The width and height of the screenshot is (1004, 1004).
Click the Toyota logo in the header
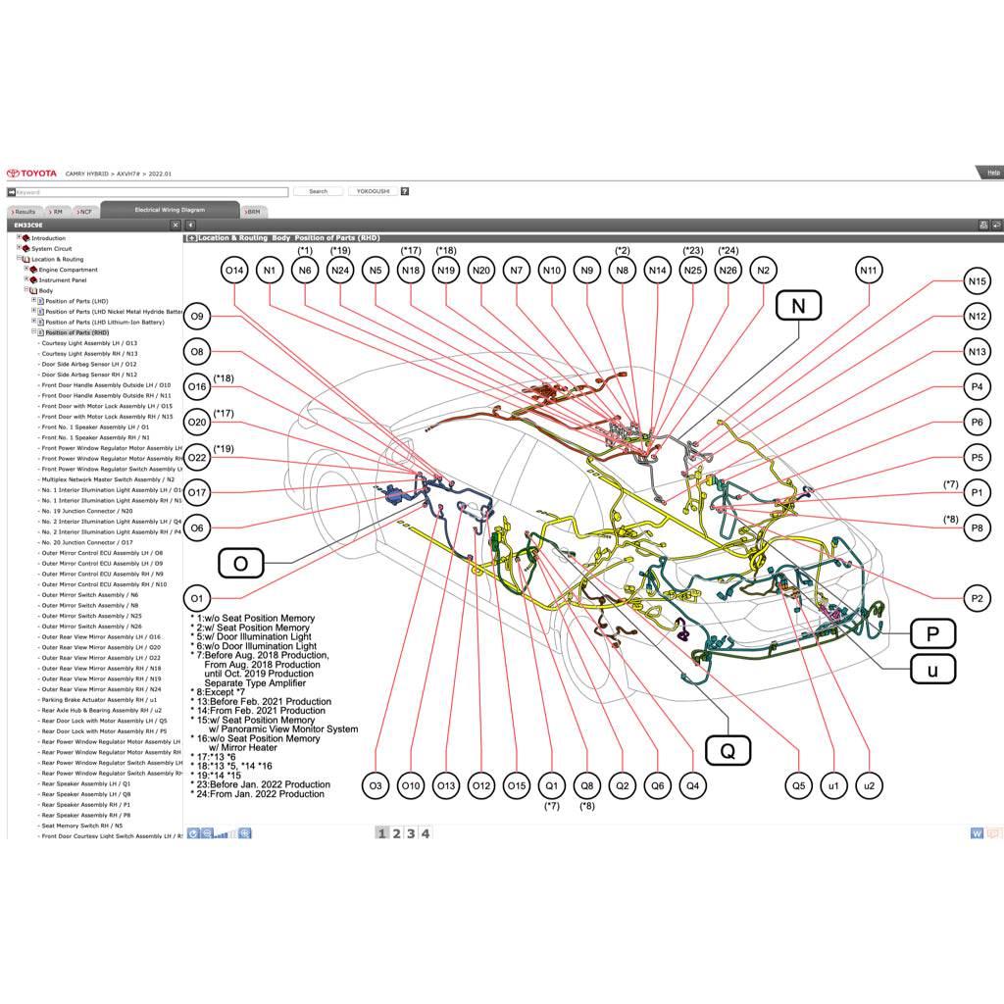pos(32,173)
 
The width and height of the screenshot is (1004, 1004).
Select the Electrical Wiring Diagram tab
pos(170,210)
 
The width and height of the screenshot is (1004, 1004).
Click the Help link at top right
pos(992,173)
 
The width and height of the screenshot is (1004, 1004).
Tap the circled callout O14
pos(234,270)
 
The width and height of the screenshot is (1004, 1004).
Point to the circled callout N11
pos(869,270)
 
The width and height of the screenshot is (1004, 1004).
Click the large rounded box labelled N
pos(797,306)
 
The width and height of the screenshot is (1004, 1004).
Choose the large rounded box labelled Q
pos(728,752)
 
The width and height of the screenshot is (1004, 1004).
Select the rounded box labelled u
pos(932,671)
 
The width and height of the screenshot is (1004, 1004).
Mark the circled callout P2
pos(976,598)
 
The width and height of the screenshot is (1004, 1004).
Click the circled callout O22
pos(198,457)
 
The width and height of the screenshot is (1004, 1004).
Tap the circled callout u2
pos(869,785)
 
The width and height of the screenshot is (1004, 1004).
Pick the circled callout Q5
pos(798,785)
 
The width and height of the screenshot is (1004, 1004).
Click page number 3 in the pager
pos(411,833)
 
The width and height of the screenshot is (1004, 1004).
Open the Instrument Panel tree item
pos(64,280)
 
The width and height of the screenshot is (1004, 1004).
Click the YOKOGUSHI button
pos(373,191)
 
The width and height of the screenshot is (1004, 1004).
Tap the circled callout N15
pos(976,281)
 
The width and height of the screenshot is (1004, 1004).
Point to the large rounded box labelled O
pos(240,563)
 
